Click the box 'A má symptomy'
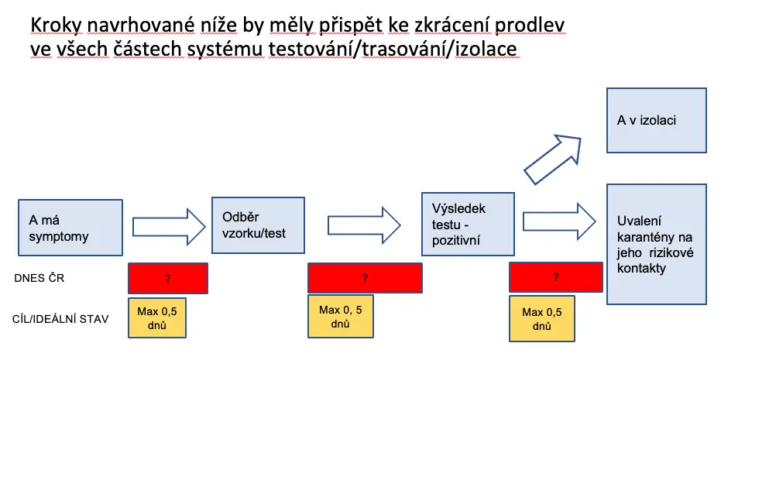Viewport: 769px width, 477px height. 70,228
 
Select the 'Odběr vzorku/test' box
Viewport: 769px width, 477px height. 258,225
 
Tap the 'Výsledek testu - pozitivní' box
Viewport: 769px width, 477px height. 468,224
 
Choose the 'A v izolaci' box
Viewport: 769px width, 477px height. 656,120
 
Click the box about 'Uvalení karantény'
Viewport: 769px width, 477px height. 656,244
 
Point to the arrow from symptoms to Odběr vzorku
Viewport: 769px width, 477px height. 169,227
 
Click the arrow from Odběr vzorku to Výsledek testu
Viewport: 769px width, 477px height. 364,225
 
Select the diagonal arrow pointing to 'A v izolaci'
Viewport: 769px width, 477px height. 553,159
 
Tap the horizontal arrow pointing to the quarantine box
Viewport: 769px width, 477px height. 559,221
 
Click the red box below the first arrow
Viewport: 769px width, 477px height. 168,279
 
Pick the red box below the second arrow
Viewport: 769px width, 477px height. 365,278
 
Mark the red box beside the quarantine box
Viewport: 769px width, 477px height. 556,277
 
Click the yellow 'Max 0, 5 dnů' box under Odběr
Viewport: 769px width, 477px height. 341,316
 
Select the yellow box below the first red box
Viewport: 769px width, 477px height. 157,317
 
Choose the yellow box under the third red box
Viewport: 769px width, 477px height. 541,319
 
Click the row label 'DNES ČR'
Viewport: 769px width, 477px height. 39,278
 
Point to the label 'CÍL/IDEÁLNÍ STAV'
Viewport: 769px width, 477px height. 60,319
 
